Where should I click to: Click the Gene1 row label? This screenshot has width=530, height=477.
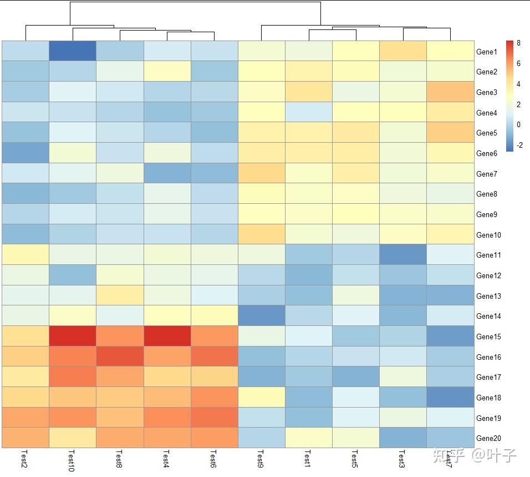(x=486, y=52)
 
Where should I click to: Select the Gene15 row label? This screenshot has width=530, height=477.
(x=488, y=337)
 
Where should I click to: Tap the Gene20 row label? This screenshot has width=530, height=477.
(x=488, y=438)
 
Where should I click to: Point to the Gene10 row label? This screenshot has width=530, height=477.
(x=488, y=235)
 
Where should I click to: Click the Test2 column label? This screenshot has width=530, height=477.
(x=24, y=459)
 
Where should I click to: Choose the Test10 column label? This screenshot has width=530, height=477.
(x=72, y=460)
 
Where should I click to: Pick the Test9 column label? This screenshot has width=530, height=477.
(x=261, y=459)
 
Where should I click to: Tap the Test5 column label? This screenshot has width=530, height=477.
(x=355, y=459)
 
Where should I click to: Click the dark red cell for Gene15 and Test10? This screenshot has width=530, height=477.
(x=73, y=336)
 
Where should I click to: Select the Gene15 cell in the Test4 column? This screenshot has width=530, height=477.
(x=167, y=336)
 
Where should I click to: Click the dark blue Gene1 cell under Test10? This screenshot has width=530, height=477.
(x=73, y=51)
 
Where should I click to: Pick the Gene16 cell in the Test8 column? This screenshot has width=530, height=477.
(x=120, y=357)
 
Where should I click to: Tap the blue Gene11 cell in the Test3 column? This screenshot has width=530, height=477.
(x=403, y=254)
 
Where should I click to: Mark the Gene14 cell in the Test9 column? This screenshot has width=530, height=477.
(x=261, y=315)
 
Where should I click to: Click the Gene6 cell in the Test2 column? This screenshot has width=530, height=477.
(x=26, y=153)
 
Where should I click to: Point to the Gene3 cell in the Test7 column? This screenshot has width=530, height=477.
(x=450, y=92)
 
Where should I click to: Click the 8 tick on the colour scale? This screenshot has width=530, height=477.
(x=518, y=43)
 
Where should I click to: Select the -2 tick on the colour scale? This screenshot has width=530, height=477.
(x=519, y=145)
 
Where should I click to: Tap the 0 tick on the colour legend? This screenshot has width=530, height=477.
(x=518, y=124)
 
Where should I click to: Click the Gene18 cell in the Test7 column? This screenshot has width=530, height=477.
(x=450, y=397)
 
